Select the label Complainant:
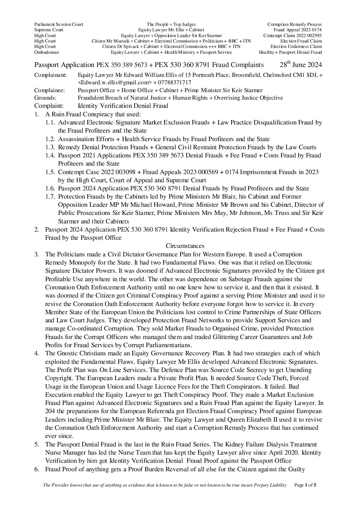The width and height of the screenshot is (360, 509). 50,75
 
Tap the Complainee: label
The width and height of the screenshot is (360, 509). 50,90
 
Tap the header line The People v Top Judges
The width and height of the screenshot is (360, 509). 171,24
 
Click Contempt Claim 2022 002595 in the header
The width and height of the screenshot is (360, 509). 292,35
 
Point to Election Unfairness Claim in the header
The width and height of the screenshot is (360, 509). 296,47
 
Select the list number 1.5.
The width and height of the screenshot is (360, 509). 50,172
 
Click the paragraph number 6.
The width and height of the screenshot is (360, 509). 36,469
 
